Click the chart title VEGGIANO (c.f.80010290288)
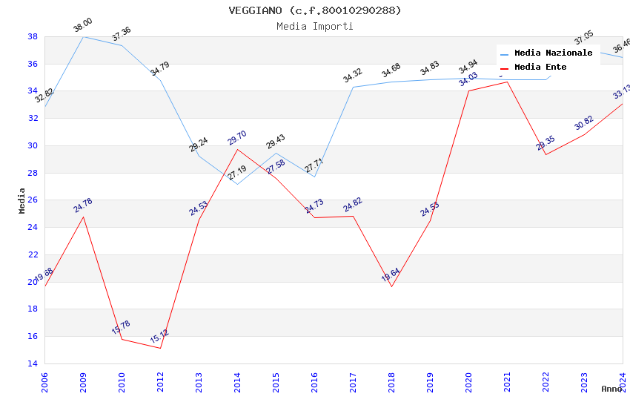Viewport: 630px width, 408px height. coord(315,10)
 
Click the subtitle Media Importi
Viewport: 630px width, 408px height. coord(315,26)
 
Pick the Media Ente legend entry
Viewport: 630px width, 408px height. coord(540,68)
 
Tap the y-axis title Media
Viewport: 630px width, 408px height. coord(22,200)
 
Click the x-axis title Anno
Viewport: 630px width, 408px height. coord(611,389)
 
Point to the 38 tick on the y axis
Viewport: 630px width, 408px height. coord(33,36)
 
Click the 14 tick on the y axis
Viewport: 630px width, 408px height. coord(33,363)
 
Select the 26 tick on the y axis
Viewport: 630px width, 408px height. coord(33,200)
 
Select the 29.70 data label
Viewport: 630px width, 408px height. coord(237,138)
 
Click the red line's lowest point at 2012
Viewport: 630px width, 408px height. coord(160,348)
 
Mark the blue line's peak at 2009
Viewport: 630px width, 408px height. coord(83,36)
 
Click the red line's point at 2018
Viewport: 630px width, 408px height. coord(391,286)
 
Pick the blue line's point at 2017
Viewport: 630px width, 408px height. coord(353,87)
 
